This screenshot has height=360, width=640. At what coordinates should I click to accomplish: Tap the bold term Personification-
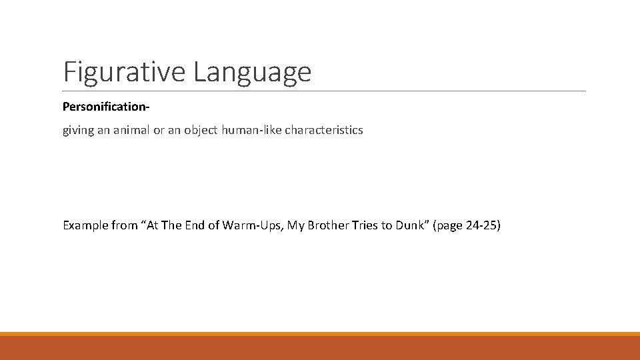105,107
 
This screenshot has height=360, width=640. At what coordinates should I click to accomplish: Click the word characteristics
324,130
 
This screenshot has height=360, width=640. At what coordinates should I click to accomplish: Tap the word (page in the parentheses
448,226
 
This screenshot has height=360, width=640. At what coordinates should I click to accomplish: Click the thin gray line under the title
324,91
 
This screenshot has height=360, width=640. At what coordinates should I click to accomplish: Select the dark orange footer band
320,348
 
